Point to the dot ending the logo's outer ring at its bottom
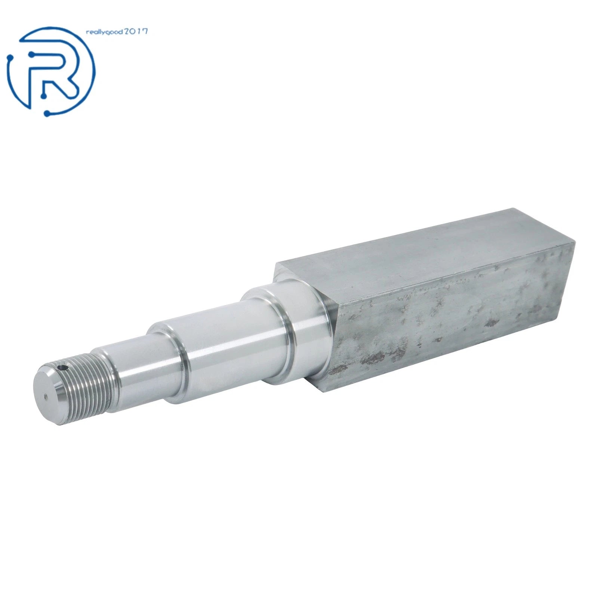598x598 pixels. point(47,113)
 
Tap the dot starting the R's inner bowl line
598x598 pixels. point(34,55)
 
